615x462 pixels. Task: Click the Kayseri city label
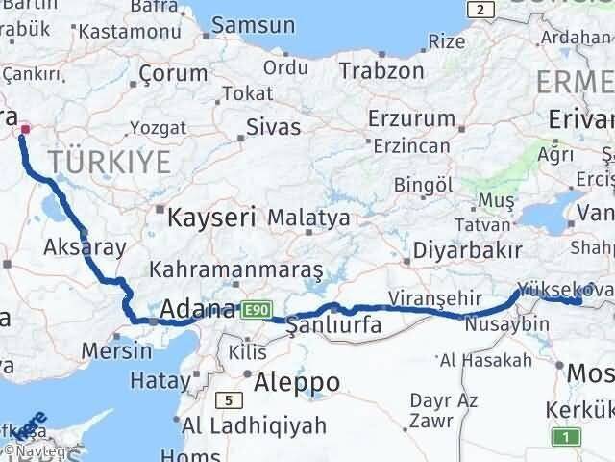tap(211, 217)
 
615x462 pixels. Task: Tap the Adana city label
tap(198, 310)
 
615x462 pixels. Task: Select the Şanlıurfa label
tap(334, 326)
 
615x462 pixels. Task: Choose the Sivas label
tap(267, 126)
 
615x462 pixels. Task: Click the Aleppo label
tap(297, 382)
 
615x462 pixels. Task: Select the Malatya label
tap(308, 218)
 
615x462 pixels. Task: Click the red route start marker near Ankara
tap(25, 129)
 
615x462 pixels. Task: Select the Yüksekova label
tap(563, 288)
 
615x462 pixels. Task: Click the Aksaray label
tap(85, 246)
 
